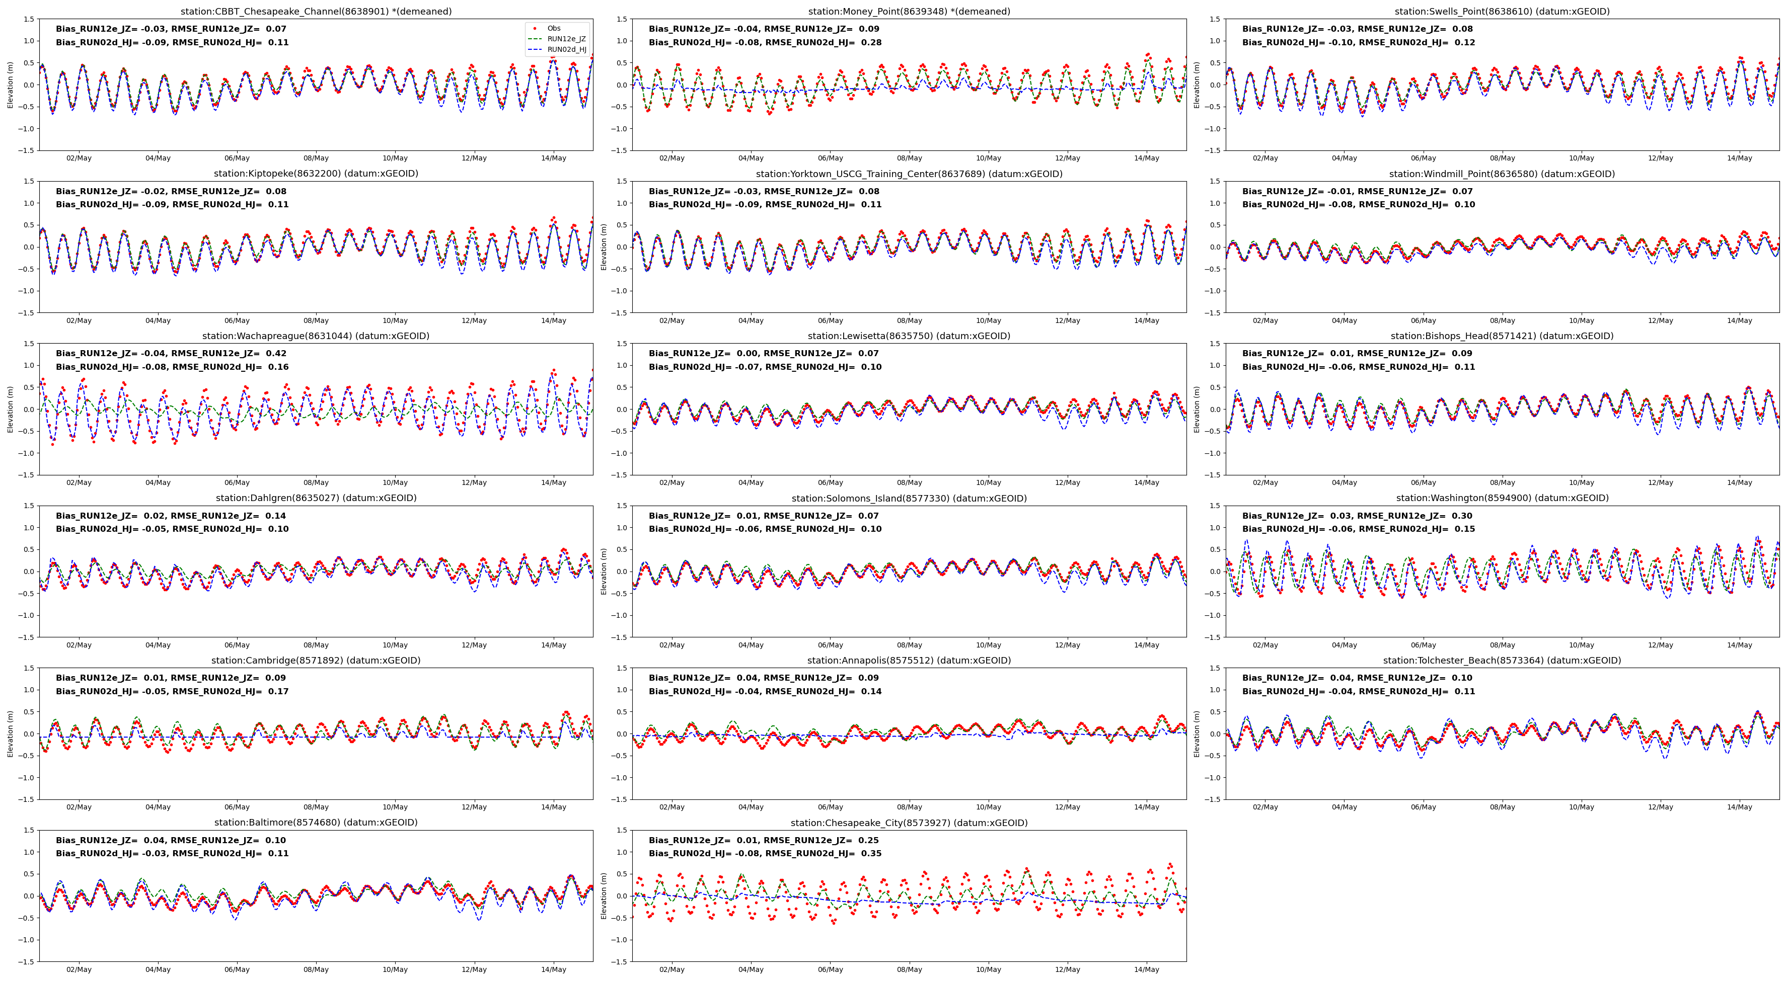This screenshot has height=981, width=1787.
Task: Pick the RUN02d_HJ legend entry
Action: (x=566, y=50)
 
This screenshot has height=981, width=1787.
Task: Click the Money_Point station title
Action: (x=909, y=12)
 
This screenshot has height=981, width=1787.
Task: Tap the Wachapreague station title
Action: (x=316, y=336)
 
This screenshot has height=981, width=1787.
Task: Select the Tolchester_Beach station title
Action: (x=1502, y=661)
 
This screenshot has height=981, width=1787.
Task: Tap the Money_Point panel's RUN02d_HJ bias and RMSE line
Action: (x=765, y=42)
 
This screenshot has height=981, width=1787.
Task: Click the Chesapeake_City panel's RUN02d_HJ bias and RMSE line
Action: (x=765, y=853)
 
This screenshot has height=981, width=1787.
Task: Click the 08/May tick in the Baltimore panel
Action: (x=316, y=970)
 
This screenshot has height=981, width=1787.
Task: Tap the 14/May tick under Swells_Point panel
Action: (x=1739, y=158)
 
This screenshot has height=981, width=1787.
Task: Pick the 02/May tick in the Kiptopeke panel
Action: (x=79, y=320)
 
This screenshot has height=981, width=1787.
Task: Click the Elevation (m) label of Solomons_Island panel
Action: (x=604, y=571)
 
